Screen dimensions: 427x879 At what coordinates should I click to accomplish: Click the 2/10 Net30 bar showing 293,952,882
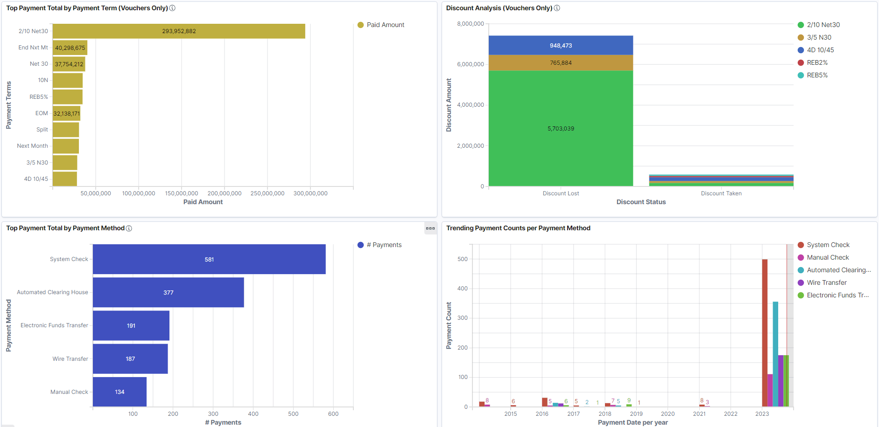179,31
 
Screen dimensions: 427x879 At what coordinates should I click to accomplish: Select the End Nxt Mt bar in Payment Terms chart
70,48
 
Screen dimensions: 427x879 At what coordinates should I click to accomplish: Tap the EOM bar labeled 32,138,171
66,113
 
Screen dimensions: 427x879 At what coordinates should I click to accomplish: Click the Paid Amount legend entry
385,25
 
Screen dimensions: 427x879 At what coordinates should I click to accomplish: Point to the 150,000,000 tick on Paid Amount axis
182,193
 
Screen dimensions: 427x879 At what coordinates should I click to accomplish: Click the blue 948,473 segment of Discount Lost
561,45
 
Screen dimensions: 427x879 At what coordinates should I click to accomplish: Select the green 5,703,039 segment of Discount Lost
561,128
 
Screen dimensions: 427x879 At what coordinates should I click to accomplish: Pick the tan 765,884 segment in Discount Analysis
561,62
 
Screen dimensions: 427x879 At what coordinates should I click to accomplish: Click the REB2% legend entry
817,62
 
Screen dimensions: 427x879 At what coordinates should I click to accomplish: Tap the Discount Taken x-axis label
721,193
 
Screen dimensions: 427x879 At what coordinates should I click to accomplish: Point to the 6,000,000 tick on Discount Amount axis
471,64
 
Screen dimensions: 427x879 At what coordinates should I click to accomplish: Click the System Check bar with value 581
209,259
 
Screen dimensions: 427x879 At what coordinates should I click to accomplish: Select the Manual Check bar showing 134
120,392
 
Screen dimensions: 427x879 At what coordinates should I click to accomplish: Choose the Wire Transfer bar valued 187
130,358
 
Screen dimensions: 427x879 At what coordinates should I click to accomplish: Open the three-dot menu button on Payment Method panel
430,228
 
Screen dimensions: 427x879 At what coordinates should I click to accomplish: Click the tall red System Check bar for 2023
765,333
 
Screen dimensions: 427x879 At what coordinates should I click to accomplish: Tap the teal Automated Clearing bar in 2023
775,354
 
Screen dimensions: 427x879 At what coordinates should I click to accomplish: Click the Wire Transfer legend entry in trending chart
826,282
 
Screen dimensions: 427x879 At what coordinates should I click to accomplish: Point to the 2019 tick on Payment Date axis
636,413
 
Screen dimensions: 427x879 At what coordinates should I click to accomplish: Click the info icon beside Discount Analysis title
557,8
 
